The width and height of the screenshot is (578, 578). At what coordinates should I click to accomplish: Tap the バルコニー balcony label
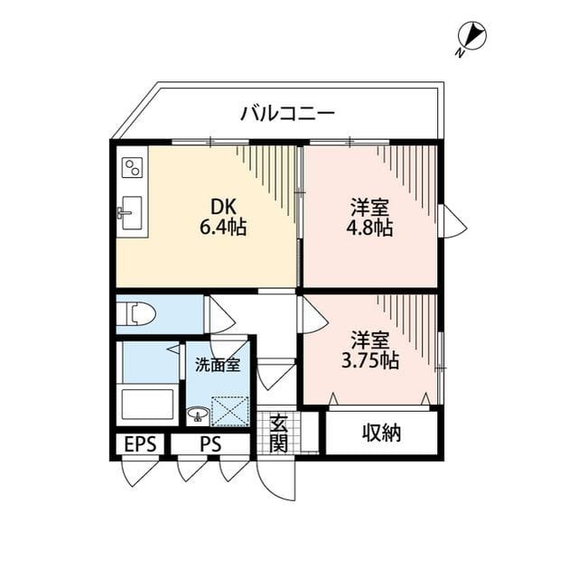tap(287, 114)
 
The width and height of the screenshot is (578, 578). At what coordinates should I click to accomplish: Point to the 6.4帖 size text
tap(222, 227)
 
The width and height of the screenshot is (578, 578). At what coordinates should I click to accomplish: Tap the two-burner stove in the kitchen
tap(132, 168)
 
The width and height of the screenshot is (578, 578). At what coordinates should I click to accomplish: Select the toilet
tap(139, 314)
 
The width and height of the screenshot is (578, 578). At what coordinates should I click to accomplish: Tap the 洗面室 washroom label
tap(218, 365)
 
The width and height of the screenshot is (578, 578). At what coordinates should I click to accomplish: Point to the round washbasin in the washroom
tap(197, 415)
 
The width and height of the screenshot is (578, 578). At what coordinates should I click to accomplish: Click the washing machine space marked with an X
tap(228, 411)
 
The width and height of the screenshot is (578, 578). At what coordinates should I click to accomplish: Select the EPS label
tap(140, 444)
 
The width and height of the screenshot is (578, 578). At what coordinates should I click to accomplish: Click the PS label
tap(210, 444)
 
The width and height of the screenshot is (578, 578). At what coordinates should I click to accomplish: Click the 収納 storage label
tap(382, 433)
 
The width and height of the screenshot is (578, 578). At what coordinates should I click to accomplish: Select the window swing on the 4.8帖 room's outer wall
tap(452, 222)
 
